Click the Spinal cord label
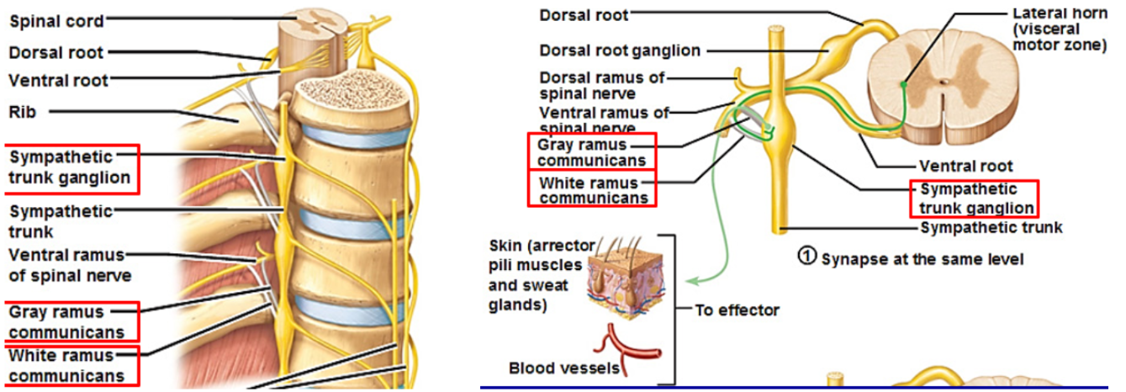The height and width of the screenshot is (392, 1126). point(56,20)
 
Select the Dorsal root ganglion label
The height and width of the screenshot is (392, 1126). point(619,50)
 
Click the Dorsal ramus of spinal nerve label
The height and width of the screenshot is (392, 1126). point(602,86)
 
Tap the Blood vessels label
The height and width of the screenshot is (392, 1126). point(563,368)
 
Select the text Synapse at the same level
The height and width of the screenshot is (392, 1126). point(922,259)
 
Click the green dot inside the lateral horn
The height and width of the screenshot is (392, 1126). point(902,84)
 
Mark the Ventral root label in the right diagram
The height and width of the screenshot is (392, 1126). point(965,167)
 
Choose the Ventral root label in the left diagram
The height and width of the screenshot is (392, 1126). point(58,81)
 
